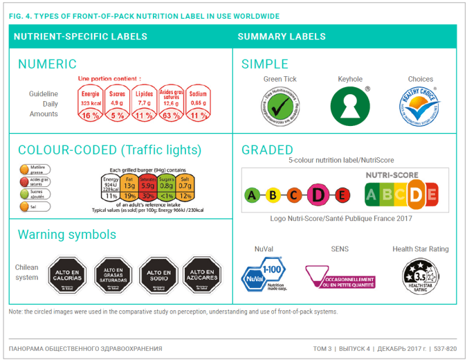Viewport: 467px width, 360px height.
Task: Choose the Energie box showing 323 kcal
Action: point(91,98)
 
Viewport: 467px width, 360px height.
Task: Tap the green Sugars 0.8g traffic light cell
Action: point(166,185)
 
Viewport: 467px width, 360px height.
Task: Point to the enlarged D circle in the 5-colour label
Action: point(319,195)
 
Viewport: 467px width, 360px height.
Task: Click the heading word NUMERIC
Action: point(47,64)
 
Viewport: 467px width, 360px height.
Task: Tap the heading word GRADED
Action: point(267,150)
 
